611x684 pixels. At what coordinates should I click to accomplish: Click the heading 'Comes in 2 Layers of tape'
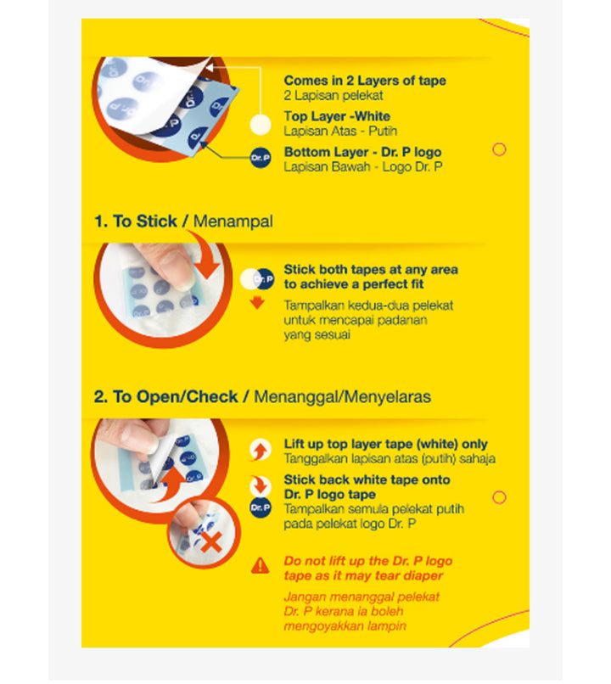coord(365,81)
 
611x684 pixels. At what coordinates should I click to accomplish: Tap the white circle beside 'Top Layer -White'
coord(261,125)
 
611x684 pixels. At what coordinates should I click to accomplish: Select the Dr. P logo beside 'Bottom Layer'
coord(261,158)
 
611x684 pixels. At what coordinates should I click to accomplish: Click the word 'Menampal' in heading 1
coord(233,221)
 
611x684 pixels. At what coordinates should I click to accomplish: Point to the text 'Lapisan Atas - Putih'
coord(340,131)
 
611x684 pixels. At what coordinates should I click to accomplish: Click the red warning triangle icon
coord(260,565)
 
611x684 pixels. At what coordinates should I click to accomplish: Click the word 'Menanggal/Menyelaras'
coord(342,397)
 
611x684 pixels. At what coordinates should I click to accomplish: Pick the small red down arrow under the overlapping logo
coord(257,303)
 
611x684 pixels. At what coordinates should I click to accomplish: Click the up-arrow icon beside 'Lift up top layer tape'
coord(261,450)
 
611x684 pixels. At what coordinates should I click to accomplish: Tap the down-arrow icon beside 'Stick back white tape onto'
coord(261,485)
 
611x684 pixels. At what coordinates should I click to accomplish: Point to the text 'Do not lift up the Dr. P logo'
coord(368,561)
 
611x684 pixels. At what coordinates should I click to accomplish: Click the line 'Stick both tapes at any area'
coord(371,270)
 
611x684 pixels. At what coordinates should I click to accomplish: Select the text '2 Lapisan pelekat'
coord(334,95)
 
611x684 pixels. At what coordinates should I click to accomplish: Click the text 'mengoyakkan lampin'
coord(345,626)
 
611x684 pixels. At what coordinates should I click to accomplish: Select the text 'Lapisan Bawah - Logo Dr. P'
coord(363,166)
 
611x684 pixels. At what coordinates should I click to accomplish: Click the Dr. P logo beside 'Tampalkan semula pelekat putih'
coord(261,507)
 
